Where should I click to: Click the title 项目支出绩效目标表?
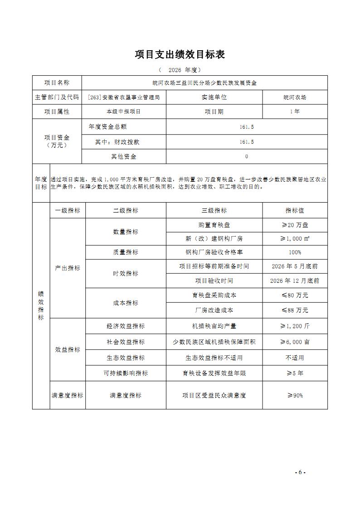[x=180, y=54]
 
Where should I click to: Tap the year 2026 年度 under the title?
[x=180, y=70]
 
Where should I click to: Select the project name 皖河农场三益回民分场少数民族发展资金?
[x=204, y=83]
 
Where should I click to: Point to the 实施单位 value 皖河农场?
[x=295, y=97]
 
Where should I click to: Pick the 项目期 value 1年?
[x=295, y=111]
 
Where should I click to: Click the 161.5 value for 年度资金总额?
[x=247, y=127]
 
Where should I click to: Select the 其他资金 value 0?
[x=247, y=156]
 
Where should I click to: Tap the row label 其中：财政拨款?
[x=117, y=142]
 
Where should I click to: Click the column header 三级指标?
[x=214, y=210]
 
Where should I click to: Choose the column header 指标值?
[x=295, y=210]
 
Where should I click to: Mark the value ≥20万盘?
[x=295, y=225]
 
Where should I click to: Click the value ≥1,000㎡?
[x=295, y=238]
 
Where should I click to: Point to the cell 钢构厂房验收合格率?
[x=214, y=252]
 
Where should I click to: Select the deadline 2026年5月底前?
[x=295, y=267]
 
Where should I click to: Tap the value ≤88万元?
[x=295, y=310]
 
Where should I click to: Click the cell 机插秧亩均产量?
[x=214, y=326]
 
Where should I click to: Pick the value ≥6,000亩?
[x=295, y=342]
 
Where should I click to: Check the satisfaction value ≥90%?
[x=295, y=395]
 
